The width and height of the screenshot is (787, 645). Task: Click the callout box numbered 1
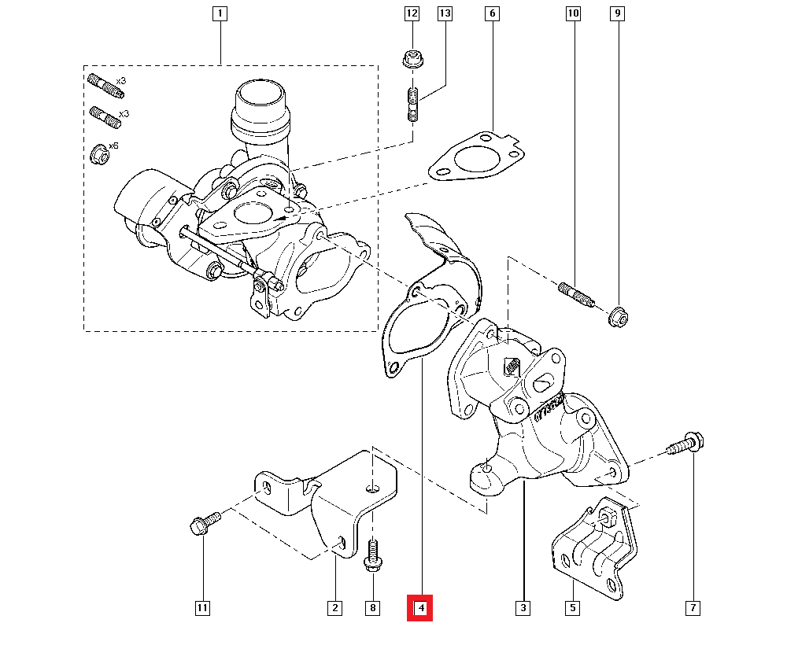click(220, 13)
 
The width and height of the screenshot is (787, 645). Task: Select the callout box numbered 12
click(412, 13)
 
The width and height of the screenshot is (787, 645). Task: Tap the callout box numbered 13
click(445, 13)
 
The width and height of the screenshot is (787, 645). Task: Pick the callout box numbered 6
click(493, 13)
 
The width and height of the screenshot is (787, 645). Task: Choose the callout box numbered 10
click(572, 13)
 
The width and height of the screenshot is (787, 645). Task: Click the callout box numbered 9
click(618, 13)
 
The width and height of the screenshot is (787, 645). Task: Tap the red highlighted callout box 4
click(420, 608)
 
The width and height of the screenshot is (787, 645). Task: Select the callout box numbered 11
click(202, 608)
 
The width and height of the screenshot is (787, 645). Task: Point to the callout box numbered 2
click(334, 608)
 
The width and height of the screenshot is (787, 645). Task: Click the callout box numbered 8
click(373, 608)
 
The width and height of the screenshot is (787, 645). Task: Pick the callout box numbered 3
click(523, 608)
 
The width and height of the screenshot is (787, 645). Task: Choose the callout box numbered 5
click(572, 608)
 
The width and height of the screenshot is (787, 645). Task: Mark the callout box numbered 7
click(693, 608)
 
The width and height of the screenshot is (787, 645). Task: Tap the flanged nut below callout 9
click(618, 316)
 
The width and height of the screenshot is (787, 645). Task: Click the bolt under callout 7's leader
click(683, 444)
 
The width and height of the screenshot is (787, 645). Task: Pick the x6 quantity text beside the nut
click(113, 146)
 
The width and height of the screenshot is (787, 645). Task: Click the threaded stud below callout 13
click(412, 105)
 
